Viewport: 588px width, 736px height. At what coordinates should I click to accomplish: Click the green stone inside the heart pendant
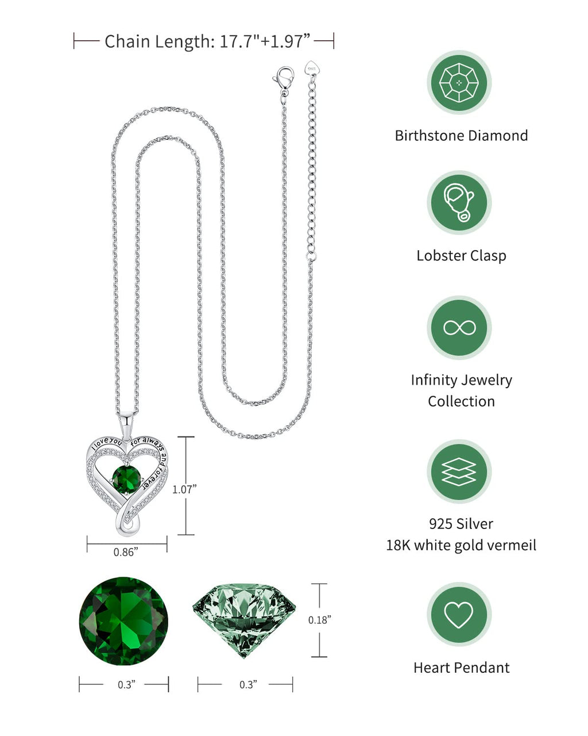click(126, 478)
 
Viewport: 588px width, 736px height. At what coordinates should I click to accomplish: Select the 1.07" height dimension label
click(184, 489)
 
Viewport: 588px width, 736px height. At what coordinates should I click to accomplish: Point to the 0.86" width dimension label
click(126, 552)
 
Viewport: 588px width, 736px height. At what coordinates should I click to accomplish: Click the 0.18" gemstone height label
click(320, 619)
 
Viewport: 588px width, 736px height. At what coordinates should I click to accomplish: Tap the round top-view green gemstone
click(123, 621)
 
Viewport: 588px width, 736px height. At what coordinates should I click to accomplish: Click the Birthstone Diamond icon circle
click(459, 83)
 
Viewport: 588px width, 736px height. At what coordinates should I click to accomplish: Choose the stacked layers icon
click(459, 471)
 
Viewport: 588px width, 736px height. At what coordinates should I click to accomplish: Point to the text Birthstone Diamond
click(461, 136)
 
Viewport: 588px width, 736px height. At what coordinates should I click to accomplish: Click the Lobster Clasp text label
click(461, 255)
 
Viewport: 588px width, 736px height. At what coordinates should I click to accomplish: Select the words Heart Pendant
click(461, 668)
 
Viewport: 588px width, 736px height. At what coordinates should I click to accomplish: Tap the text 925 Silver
click(461, 524)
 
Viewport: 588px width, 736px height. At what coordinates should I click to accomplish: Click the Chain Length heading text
click(207, 41)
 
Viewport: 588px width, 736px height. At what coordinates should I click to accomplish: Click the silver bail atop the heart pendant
click(127, 424)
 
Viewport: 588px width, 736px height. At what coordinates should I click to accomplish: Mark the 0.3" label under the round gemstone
click(126, 684)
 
